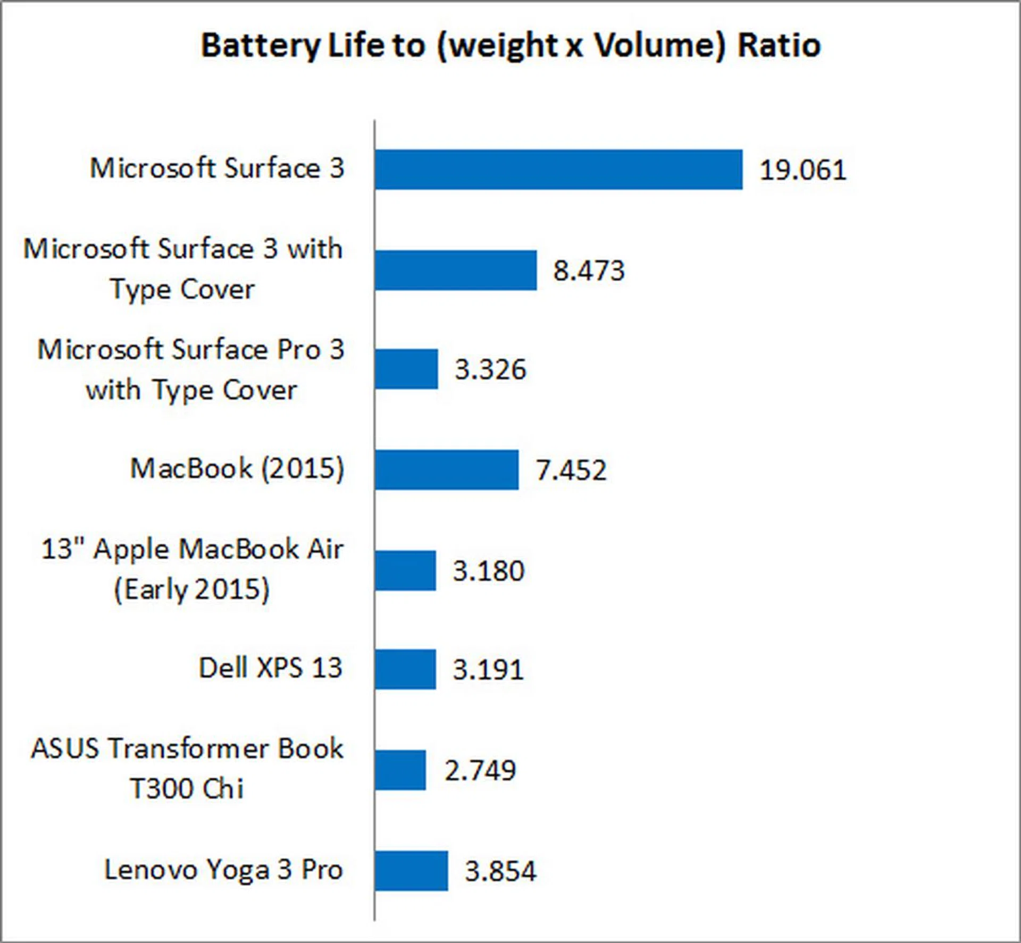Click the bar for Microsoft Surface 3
[x=558, y=170]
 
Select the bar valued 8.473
[x=456, y=270]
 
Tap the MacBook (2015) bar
[x=447, y=470]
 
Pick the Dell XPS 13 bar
[x=405, y=669]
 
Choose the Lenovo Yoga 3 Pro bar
[x=411, y=871]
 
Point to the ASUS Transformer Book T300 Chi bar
[x=400, y=770]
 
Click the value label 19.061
[x=802, y=171]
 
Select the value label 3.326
[x=490, y=369]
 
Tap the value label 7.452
[x=571, y=470]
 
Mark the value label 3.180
[x=488, y=571]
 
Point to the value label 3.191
[x=488, y=670]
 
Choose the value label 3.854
[x=500, y=871]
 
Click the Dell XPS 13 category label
[x=270, y=668]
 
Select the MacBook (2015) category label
[x=237, y=468]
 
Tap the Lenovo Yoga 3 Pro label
[x=223, y=870]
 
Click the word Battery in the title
[x=260, y=46]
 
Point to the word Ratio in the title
[x=779, y=46]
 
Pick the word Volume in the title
[x=659, y=46]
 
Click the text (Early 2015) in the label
[x=192, y=590]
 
